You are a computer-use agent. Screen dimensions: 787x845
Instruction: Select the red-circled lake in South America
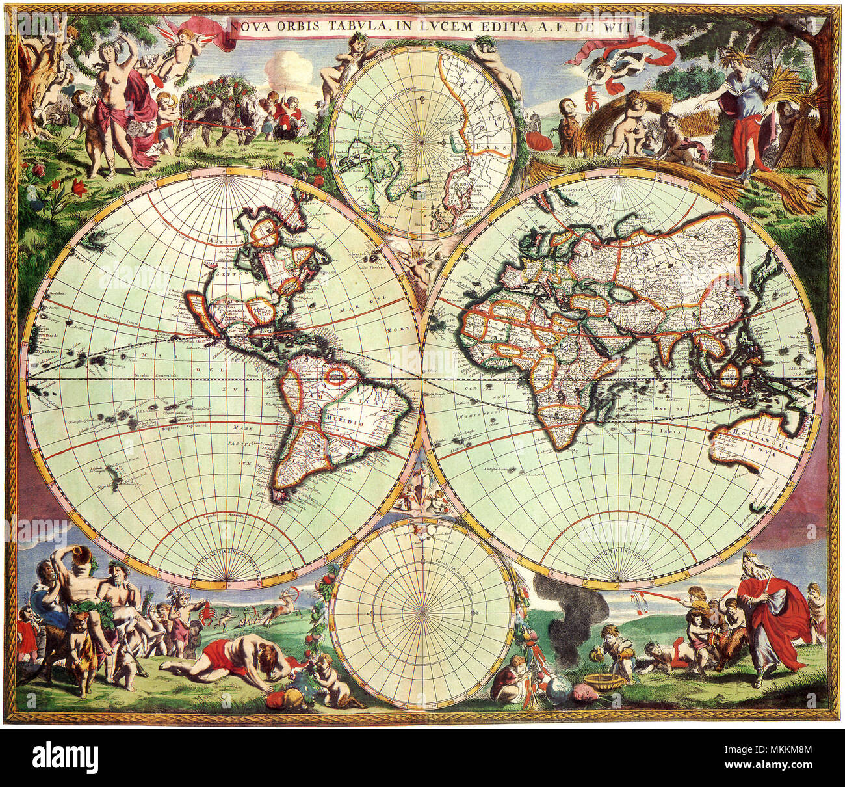tap(336, 376)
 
